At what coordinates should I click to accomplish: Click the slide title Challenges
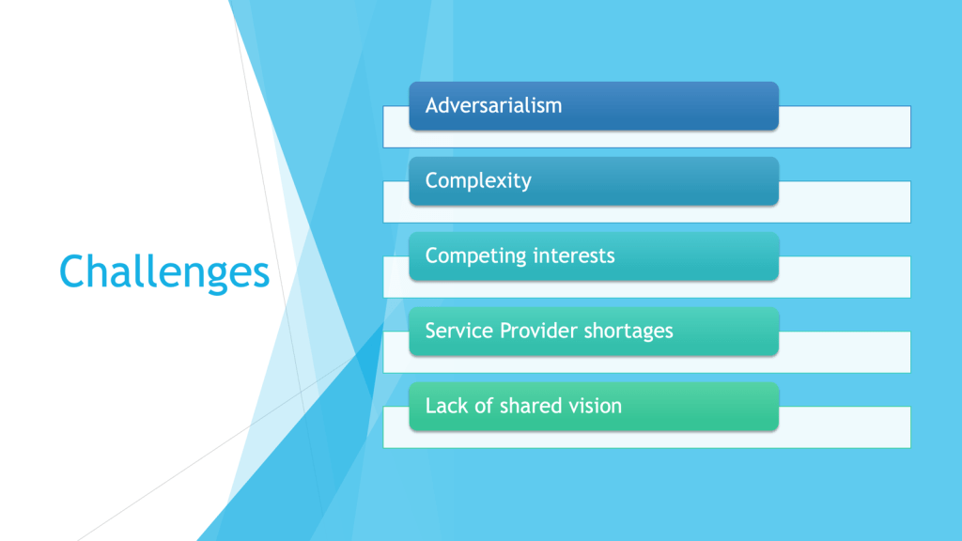point(164,272)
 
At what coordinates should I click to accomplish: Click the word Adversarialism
point(493,105)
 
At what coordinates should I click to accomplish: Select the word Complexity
point(478,181)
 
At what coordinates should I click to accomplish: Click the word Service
point(458,332)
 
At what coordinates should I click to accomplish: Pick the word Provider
point(537,332)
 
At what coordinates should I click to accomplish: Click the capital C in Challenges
point(72,271)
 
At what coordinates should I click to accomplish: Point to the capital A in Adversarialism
point(433,105)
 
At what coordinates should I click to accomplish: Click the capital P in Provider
point(506,332)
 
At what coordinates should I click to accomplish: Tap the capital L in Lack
point(430,406)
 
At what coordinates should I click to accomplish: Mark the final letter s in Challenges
point(261,276)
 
